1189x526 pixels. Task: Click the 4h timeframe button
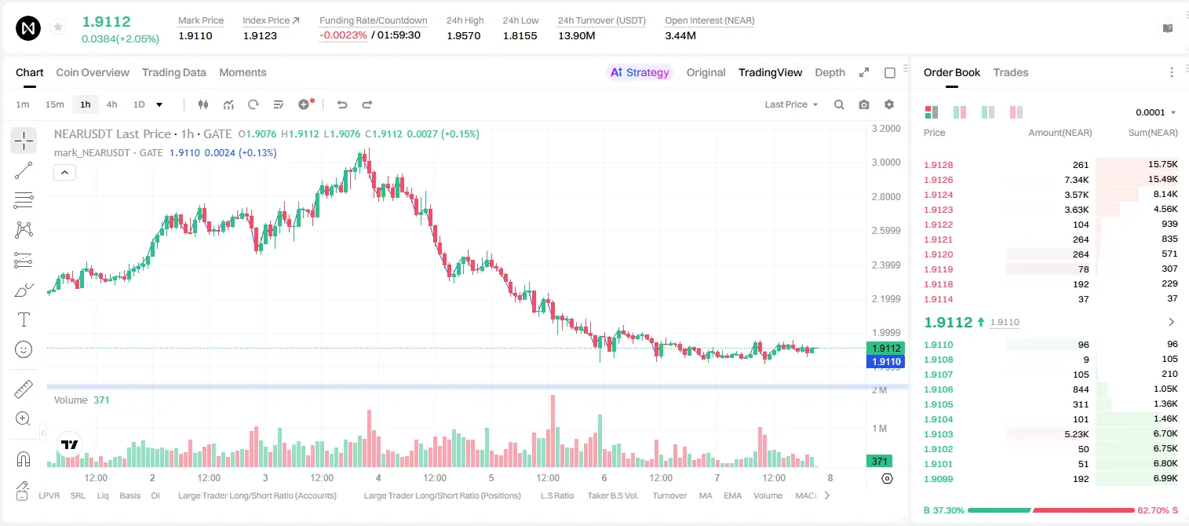point(111,104)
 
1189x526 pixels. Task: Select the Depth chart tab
point(830,72)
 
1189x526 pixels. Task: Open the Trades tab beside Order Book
point(1011,72)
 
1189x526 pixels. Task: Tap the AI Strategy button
point(640,72)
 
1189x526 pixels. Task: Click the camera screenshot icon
point(864,104)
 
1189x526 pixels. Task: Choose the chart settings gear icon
point(889,104)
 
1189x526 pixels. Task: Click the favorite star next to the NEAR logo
point(58,27)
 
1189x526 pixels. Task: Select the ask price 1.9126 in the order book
point(939,180)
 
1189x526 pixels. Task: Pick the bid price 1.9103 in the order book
point(939,434)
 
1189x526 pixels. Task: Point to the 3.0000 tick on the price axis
point(886,163)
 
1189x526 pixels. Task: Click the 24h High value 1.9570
point(463,35)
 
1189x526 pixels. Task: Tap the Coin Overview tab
point(93,72)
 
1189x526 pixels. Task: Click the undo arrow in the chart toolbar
point(342,104)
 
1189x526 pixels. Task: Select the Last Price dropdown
point(791,104)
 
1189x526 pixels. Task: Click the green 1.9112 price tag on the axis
point(885,349)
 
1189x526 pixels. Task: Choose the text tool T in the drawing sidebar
point(24,320)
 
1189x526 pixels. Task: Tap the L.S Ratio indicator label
point(557,495)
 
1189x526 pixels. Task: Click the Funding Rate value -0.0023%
point(343,35)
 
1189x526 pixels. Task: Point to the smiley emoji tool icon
point(24,349)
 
